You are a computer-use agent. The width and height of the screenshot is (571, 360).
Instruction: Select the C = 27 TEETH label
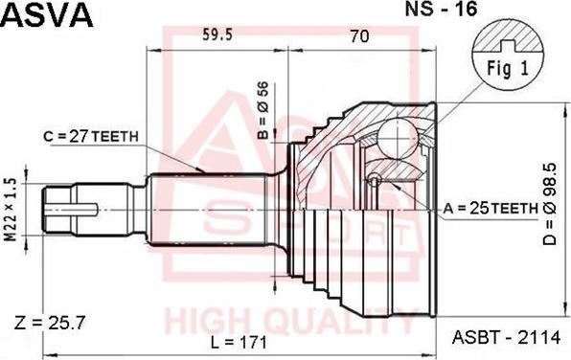[x=92, y=136]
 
